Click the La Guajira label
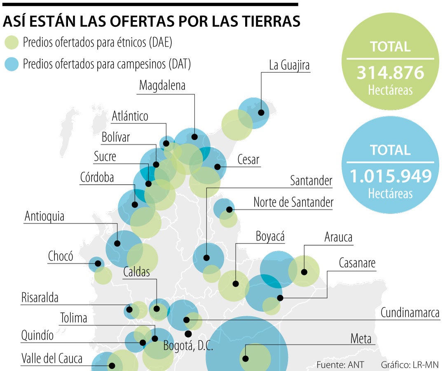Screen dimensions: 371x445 (289, 66)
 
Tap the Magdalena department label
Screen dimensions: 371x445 (162, 85)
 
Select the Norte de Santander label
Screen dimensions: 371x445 (293, 202)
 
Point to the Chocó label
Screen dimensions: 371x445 (61, 256)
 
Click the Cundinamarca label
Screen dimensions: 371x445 (410, 313)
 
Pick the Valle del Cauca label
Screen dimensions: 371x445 (52, 358)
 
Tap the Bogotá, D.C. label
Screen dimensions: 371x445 (188, 345)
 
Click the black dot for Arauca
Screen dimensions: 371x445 (304, 272)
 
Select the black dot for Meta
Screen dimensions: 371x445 (245, 358)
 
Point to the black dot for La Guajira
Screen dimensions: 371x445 (261, 113)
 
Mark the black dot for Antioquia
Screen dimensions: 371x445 (117, 243)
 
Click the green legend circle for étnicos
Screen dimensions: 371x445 (11, 42)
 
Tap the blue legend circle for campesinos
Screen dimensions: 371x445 (11, 64)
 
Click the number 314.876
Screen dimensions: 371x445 (390, 73)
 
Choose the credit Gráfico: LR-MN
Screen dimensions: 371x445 (410, 365)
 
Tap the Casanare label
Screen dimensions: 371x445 (357, 263)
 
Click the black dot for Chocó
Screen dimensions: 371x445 (98, 263)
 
